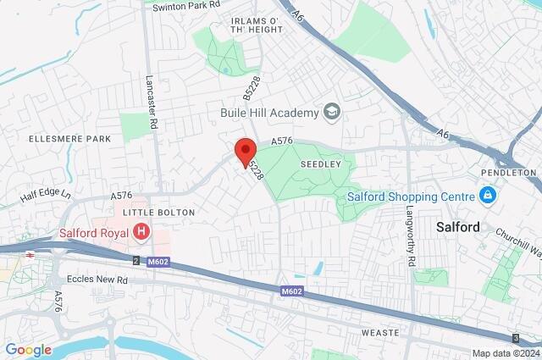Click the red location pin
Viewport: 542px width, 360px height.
246,151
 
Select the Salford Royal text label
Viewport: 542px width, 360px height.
94,231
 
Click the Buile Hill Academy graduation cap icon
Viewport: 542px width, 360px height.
332,112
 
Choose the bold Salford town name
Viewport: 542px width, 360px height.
457,227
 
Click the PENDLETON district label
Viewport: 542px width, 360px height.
509,172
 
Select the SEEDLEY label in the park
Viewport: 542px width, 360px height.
318,163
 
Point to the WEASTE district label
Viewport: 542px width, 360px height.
379,333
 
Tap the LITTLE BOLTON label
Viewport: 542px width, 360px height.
159,212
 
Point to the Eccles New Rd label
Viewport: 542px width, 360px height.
98,279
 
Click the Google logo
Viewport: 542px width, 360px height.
29,349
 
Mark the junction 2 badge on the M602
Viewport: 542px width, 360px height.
135,260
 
